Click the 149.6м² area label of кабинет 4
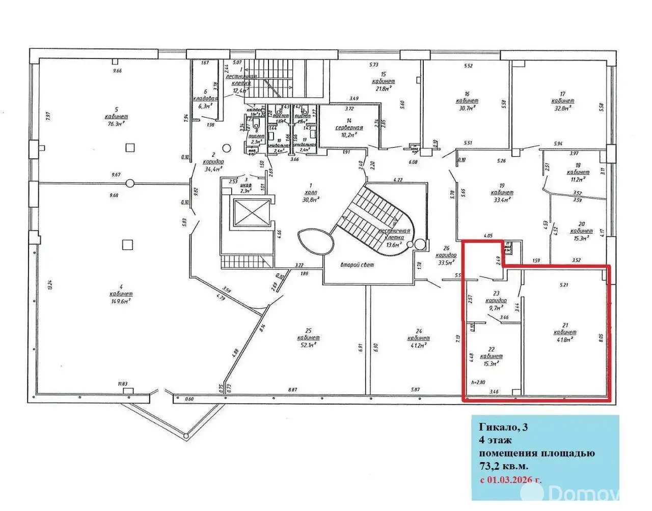point(121,300)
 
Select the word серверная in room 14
point(349,127)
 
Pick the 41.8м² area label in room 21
point(564,339)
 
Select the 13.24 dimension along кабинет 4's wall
point(49,287)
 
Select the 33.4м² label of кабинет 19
point(502,200)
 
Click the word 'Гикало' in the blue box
point(496,427)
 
